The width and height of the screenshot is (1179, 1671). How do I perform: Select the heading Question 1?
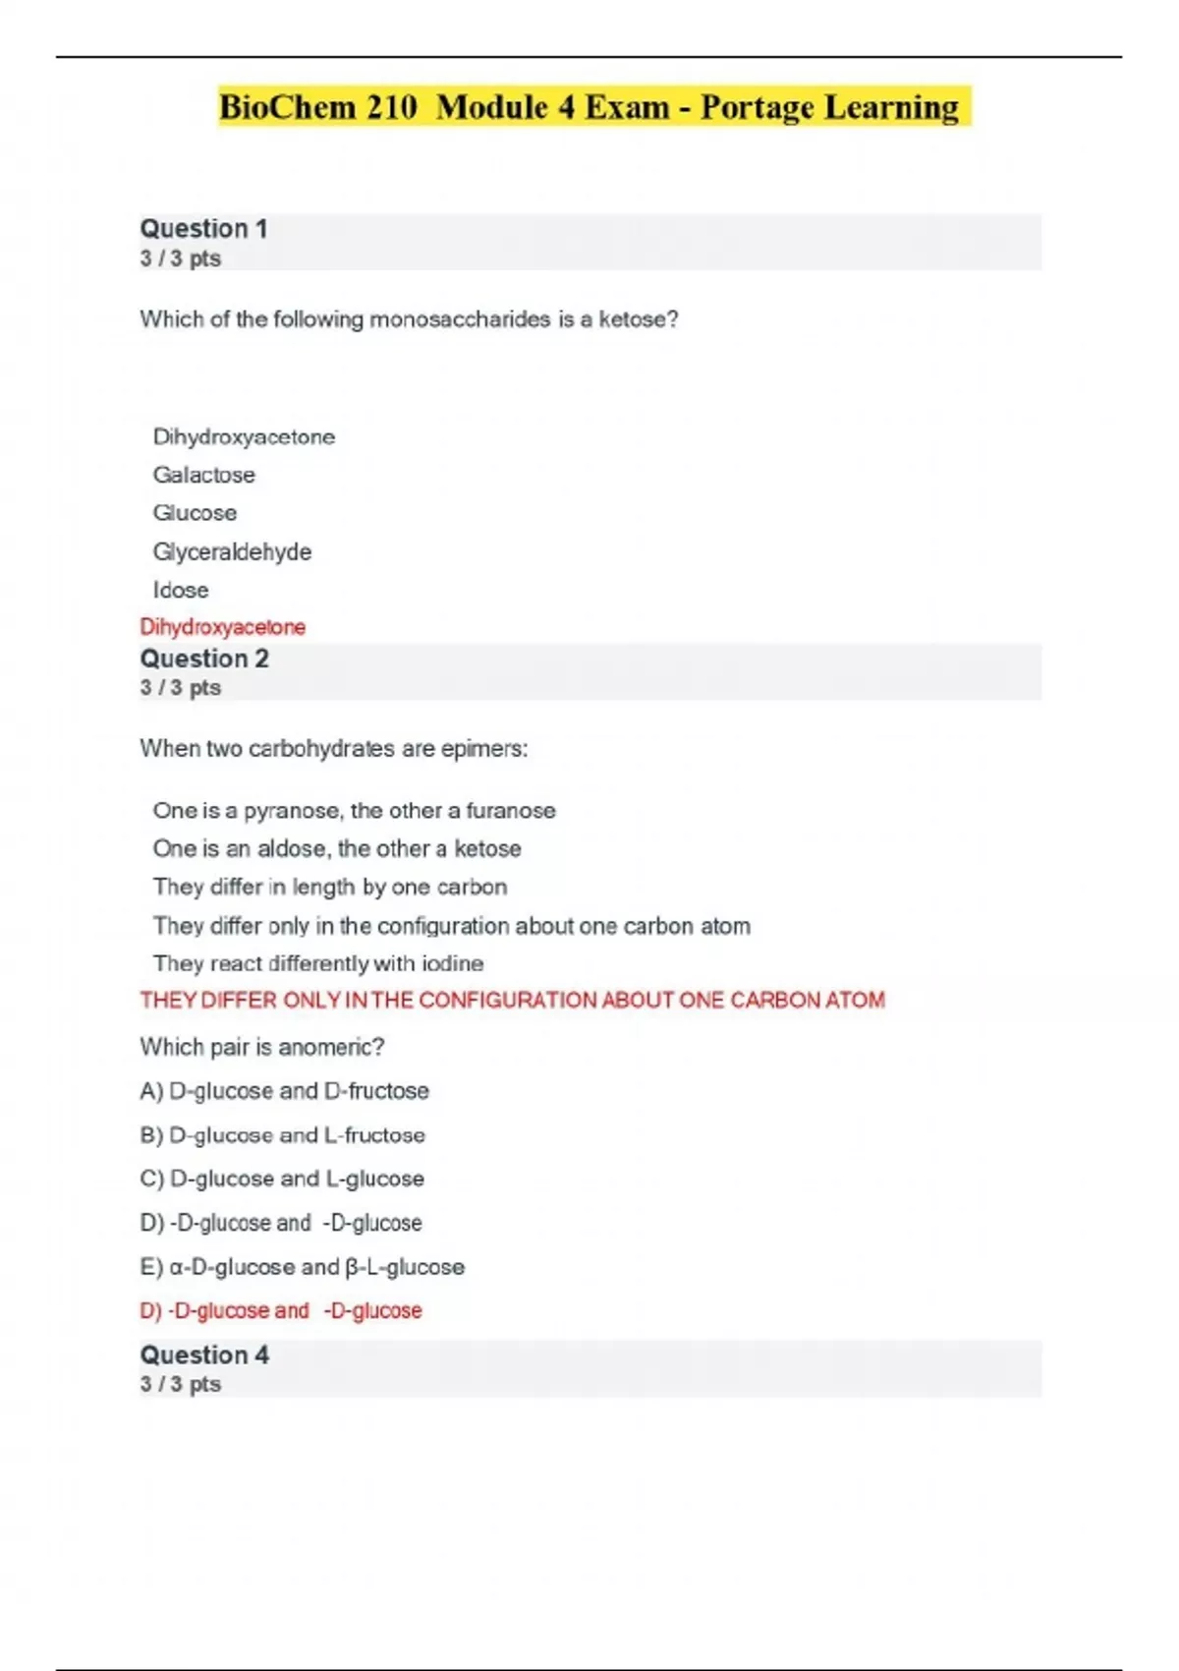click(203, 229)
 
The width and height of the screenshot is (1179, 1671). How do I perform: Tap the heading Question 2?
click(204, 659)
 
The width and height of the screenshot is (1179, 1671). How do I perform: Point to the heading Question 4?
click(204, 1354)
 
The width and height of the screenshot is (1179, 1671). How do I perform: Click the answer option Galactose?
click(204, 475)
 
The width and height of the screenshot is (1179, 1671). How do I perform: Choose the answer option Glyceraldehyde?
click(232, 551)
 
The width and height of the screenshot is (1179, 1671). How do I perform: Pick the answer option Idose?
click(181, 590)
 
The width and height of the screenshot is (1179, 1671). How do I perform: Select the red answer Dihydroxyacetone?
click(222, 627)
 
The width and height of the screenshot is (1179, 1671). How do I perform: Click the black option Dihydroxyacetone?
click(244, 436)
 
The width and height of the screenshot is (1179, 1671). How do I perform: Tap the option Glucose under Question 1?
click(195, 513)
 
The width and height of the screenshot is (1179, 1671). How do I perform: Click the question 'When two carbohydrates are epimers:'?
click(334, 749)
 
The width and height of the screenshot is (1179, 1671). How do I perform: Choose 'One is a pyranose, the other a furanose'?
click(354, 811)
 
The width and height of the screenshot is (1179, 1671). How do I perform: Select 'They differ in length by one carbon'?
click(330, 887)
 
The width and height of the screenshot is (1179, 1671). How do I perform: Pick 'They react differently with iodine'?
click(318, 963)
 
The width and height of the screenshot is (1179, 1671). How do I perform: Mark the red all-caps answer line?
click(512, 1001)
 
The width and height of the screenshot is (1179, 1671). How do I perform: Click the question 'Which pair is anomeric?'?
click(261, 1047)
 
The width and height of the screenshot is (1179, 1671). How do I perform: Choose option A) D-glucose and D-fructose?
click(285, 1091)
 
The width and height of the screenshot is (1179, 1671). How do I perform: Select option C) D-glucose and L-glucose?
click(283, 1179)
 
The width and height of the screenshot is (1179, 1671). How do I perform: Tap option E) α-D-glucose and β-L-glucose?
click(303, 1267)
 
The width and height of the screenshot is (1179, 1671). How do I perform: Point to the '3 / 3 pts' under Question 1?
click(181, 259)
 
